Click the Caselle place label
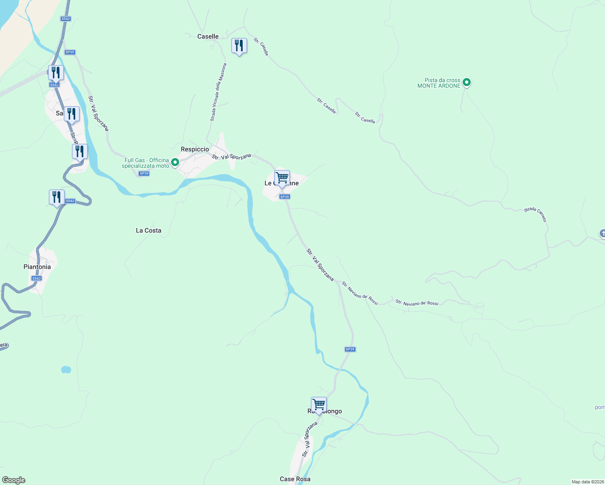pyautogui.click(x=208, y=36)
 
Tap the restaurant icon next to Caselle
pyautogui.click(x=239, y=46)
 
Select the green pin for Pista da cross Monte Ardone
pyautogui.click(x=466, y=82)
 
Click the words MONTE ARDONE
pyautogui.click(x=439, y=86)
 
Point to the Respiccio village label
pyautogui.click(x=195, y=149)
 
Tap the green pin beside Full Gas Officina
pyautogui.click(x=175, y=162)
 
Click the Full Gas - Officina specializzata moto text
pyautogui.click(x=146, y=163)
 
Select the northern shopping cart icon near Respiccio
pyautogui.click(x=282, y=178)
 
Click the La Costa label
pyautogui.click(x=148, y=230)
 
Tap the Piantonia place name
pyautogui.click(x=37, y=267)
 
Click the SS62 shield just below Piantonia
pyautogui.click(x=36, y=278)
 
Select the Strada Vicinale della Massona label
pyautogui.click(x=218, y=92)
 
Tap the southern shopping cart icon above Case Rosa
pyautogui.click(x=319, y=405)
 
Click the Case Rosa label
pyautogui.click(x=295, y=479)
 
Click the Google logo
pyautogui.click(x=14, y=480)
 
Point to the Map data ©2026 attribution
pyautogui.click(x=587, y=482)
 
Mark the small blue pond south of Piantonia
pyautogui.click(x=66, y=369)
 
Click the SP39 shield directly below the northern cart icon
pyautogui.click(x=285, y=197)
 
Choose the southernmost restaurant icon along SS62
pyautogui.click(x=57, y=197)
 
